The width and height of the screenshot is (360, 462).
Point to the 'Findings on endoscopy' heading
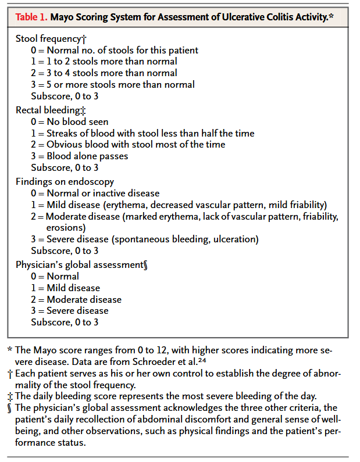(x=65, y=181)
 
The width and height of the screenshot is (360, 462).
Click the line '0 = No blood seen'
(x=70, y=121)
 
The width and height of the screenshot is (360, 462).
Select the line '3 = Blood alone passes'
(x=79, y=156)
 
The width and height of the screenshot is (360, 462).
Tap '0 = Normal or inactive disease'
(x=95, y=193)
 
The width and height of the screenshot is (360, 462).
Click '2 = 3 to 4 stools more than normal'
(x=104, y=73)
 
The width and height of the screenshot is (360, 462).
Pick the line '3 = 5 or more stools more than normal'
(x=113, y=85)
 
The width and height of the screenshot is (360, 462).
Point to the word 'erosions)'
(x=66, y=227)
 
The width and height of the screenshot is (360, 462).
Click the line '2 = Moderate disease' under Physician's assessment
(x=76, y=299)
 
